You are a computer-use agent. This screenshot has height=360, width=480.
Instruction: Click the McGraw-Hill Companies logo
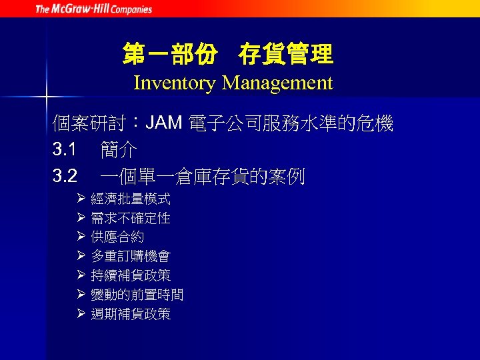coord(93,9)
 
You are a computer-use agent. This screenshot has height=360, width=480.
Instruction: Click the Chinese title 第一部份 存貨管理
coord(227,55)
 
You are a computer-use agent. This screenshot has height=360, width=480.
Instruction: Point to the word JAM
coord(164,123)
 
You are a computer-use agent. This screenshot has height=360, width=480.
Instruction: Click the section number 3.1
coord(65,149)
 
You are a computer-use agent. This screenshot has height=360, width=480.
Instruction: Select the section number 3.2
coord(65,176)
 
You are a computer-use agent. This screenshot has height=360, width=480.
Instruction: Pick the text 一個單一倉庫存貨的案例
coord(203,177)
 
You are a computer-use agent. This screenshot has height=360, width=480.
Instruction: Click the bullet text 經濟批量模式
coord(131,199)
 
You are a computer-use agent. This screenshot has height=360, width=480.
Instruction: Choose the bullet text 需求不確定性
coord(131,218)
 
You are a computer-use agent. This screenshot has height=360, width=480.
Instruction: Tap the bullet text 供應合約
coord(117,237)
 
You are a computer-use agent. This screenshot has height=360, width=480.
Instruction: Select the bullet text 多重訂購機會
coord(131,257)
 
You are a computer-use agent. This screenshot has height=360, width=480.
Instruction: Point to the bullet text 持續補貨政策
coord(131,275)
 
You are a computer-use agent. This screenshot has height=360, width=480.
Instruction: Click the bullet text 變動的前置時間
coord(137,295)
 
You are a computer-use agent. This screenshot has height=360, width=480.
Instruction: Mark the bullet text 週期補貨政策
coord(131,314)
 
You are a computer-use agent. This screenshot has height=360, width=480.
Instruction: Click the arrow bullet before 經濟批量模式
coord(80,199)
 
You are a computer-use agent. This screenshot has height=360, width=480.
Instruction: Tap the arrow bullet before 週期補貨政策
coord(80,313)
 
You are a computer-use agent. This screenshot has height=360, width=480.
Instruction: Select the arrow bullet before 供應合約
coord(80,237)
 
